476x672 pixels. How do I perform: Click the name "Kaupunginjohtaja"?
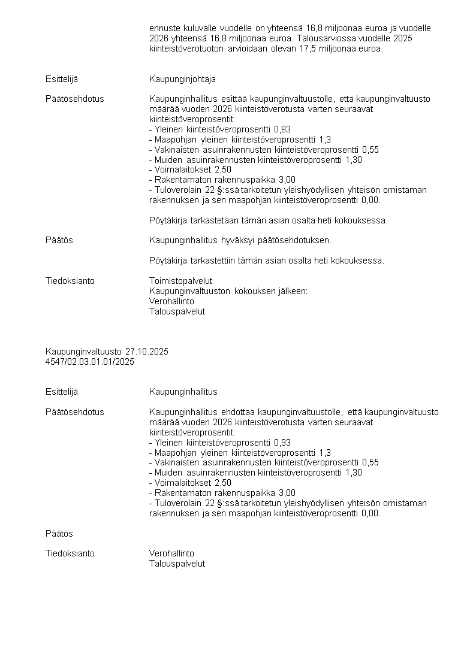tap(182, 79)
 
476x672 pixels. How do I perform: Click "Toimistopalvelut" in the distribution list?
tap(180, 281)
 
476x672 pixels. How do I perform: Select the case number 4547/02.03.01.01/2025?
tap(90, 362)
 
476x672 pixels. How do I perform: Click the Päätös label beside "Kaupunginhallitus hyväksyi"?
tap(59, 240)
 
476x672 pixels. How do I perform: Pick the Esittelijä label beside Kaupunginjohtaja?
tap(62, 79)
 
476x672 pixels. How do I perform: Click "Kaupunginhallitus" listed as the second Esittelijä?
tap(183, 392)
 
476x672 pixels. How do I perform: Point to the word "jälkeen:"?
tap(293, 291)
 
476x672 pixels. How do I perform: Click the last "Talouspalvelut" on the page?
tap(177, 564)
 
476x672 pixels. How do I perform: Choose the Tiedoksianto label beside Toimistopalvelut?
tap(70, 281)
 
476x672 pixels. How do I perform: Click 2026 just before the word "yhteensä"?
tap(158, 38)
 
